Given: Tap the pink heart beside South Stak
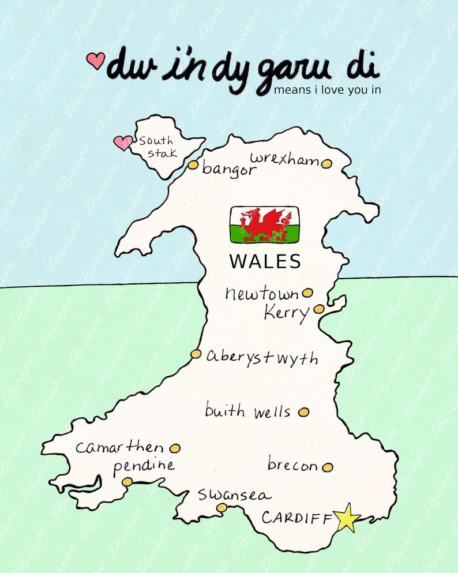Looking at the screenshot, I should tap(122, 143).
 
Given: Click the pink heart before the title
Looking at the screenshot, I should tap(96, 59).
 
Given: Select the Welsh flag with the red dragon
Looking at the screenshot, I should tap(265, 224).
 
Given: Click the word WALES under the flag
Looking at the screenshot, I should tap(265, 261).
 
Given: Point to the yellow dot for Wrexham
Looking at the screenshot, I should tap(326, 164).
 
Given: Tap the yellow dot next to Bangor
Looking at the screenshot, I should tap(193, 165).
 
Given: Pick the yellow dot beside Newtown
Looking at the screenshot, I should tap(307, 293).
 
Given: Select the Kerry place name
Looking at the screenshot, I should tap(287, 313).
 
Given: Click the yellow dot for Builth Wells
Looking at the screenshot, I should tap(303, 412).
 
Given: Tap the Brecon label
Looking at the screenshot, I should tap(292, 465).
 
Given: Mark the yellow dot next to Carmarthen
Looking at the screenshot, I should tap(175, 448).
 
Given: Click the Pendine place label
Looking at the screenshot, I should tap(144, 466).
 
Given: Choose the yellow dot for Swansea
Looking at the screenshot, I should tap(222, 507).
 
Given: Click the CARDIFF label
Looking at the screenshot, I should tap(297, 518).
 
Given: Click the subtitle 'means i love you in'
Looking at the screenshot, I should tap(328, 90).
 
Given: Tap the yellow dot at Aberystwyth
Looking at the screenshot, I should tap(196, 354).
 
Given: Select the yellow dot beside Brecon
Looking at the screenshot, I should tap(327, 467).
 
